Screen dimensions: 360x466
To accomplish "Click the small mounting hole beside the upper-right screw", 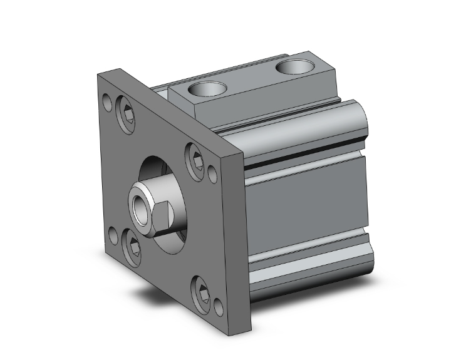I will pos(212,172).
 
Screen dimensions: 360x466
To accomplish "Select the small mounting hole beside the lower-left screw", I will pos(113,235).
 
